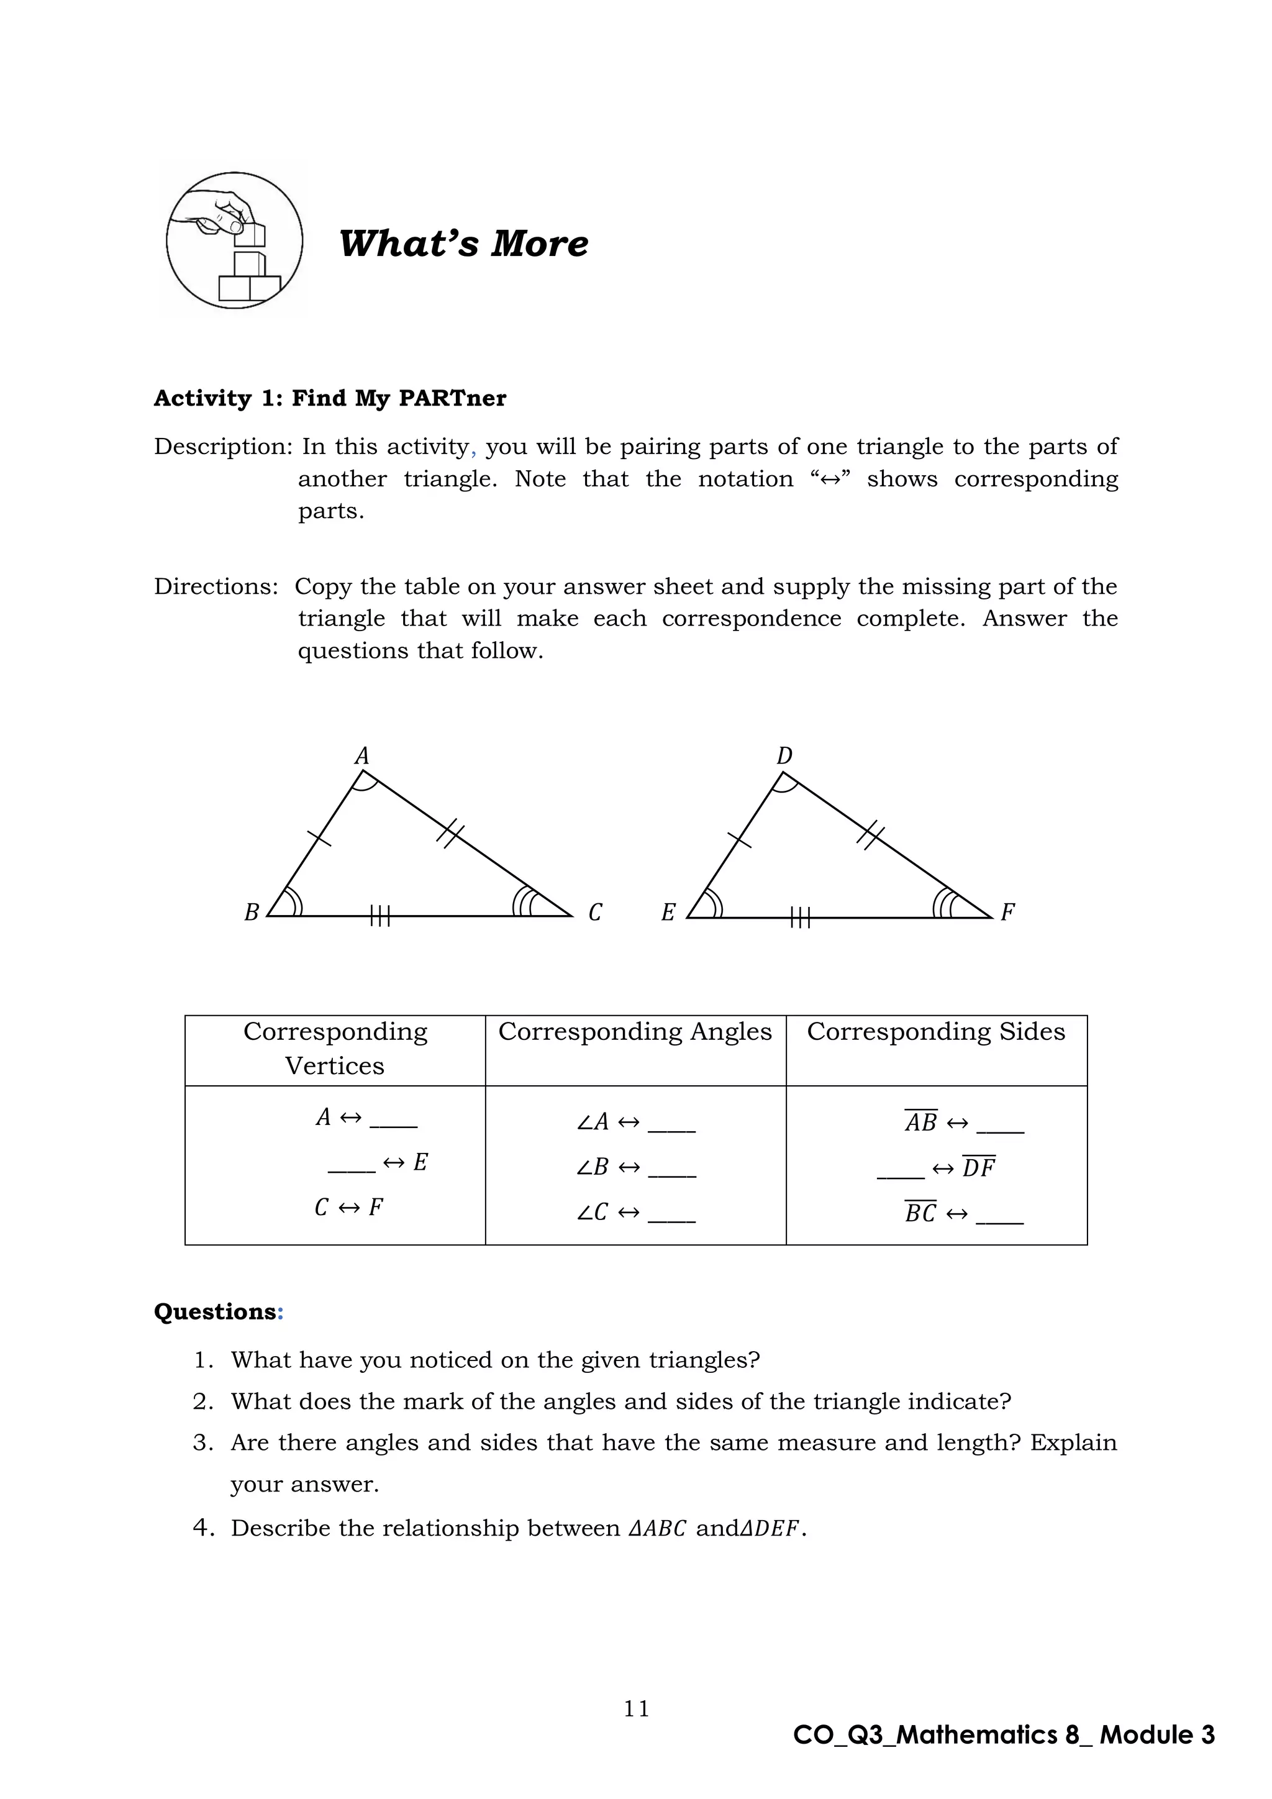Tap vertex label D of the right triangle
click(784, 756)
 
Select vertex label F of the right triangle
click(1008, 912)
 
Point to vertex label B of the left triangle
click(252, 913)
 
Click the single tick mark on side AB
click(319, 837)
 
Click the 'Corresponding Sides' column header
click(936, 1032)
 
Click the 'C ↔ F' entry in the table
click(348, 1208)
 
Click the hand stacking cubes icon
click(234, 240)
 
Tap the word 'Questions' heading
click(215, 1311)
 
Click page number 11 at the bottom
click(636, 1708)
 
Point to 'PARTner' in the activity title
click(452, 398)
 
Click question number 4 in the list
click(203, 1528)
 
